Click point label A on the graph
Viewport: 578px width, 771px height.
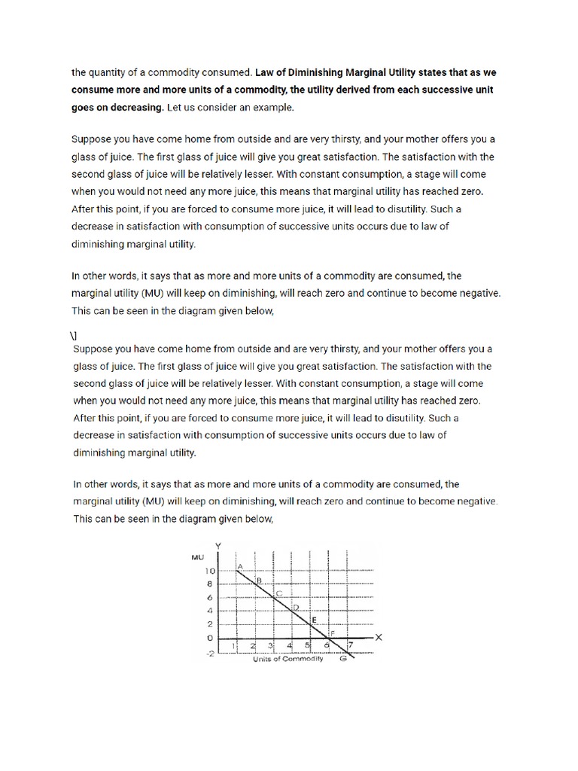240,565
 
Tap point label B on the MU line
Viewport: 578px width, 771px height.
258,580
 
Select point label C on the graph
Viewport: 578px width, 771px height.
278,594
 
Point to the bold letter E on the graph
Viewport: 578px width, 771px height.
314,619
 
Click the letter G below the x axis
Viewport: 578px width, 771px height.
342,659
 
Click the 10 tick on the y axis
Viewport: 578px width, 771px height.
210,571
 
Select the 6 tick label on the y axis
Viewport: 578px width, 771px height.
211,598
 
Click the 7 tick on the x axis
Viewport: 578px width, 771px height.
350,645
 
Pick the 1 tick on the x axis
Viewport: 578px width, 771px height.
233,645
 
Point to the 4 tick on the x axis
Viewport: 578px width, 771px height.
290,645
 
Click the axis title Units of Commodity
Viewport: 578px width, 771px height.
287,659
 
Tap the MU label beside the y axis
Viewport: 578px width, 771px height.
198,556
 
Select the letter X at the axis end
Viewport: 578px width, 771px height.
379,637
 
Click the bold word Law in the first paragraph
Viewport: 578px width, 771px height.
265,74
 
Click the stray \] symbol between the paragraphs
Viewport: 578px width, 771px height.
75,334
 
